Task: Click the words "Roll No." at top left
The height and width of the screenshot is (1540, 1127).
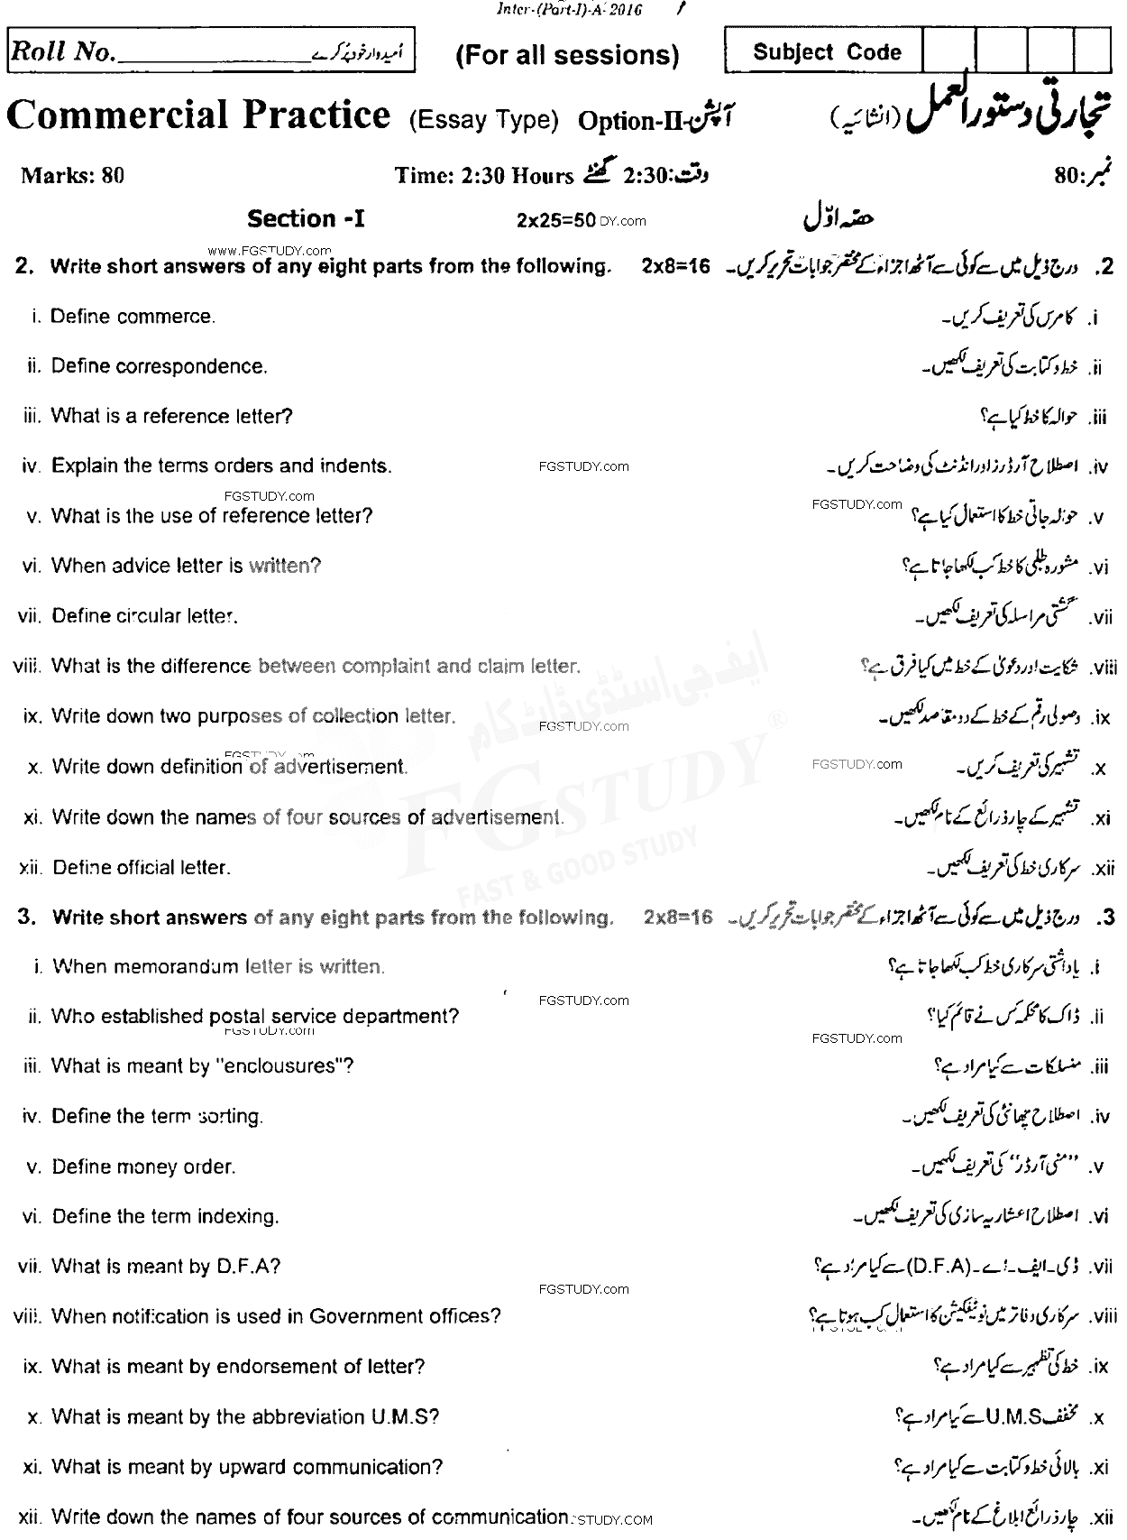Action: [62, 53]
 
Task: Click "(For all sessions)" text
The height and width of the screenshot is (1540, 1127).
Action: [567, 55]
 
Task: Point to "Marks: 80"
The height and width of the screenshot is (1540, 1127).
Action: [72, 175]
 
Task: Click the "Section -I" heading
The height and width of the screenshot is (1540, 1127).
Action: [306, 219]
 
